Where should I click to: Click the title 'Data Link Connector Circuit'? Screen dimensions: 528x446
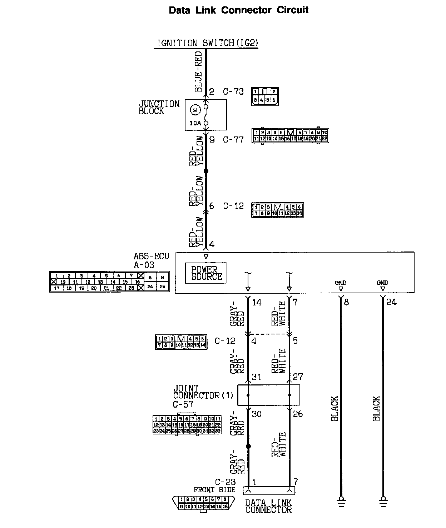click(x=238, y=10)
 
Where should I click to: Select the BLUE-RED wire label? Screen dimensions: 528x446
click(x=198, y=71)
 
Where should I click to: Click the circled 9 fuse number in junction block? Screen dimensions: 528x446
click(x=195, y=110)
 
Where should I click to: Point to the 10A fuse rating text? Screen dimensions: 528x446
click(x=195, y=123)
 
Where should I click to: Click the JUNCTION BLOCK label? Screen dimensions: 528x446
click(x=159, y=108)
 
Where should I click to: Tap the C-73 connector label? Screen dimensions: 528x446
click(x=233, y=92)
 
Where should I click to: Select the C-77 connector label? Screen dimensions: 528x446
click(x=233, y=140)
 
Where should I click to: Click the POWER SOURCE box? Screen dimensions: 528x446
click(x=206, y=273)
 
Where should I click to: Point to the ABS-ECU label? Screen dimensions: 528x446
click(x=151, y=256)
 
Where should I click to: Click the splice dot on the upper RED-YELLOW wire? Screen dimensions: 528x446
click(x=206, y=171)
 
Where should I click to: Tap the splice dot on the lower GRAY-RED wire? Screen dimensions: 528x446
click(x=248, y=446)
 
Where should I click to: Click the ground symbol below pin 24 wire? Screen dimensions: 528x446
click(x=383, y=500)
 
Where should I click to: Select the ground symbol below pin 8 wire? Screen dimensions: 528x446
click(x=341, y=500)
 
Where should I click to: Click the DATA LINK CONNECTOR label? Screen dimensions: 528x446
click(x=268, y=507)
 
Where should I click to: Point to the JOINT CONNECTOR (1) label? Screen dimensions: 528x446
click(x=203, y=392)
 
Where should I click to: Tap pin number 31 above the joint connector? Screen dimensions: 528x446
click(x=256, y=377)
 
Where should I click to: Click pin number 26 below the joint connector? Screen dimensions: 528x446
click(x=297, y=414)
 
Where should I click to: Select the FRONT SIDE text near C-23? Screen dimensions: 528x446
click(x=214, y=490)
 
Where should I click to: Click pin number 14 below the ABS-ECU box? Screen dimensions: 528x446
click(x=257, y=303)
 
